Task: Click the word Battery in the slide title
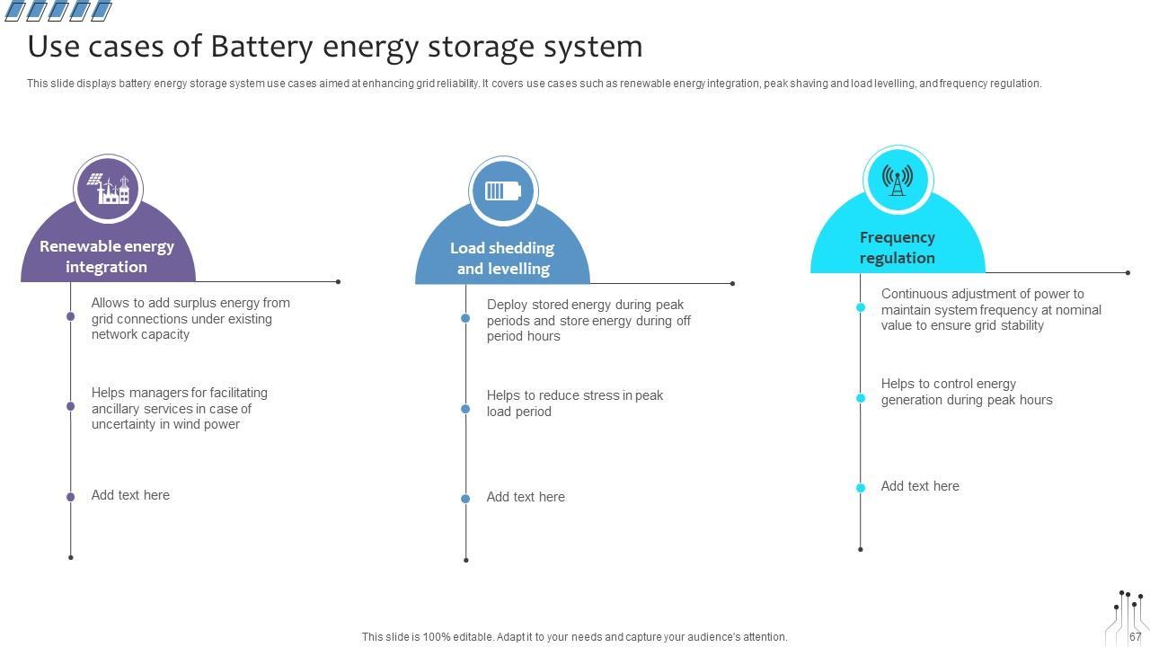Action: click(261, 48)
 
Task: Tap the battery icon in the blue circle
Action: click(503, 191)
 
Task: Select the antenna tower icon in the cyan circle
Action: click(898, 181)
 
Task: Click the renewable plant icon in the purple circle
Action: click(109, 189)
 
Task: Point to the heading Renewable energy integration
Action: click(107, 257)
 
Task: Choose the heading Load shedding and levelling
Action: click(502, 258)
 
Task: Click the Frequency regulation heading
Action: click(898, 247)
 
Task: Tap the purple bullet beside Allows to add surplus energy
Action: click(71, 316)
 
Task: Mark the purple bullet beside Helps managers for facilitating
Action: click(71, 406)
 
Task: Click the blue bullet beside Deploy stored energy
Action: click(465, 318)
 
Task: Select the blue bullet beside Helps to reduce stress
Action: click(465, 409)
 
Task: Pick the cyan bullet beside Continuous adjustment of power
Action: click(861, 307)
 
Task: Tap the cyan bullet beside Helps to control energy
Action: click(861, 398)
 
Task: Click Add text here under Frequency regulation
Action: click(920, 486)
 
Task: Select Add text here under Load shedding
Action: click(526, 497)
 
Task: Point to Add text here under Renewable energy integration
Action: click(130, 495)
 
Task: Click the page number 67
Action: click(1135, 637)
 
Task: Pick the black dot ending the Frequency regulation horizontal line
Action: click(1128, 272)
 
